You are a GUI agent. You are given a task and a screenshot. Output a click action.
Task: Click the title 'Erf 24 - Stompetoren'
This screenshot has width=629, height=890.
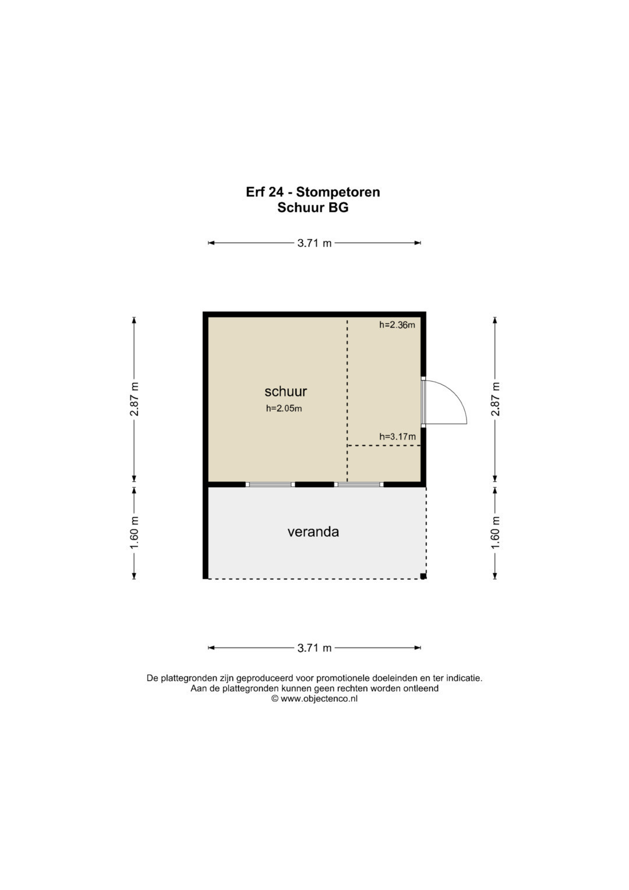313,192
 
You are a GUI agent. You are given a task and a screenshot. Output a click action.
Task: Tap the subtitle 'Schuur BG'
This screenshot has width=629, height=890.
313,207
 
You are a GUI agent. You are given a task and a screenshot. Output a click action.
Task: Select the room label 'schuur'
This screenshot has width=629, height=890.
285,391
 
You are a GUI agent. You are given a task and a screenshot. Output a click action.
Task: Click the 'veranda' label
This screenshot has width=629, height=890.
313,532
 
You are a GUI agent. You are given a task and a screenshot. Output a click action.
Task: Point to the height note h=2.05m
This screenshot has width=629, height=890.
284,409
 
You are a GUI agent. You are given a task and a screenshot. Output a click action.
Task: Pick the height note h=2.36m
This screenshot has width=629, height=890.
397,325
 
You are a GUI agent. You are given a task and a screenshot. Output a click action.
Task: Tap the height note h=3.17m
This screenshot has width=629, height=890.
397,437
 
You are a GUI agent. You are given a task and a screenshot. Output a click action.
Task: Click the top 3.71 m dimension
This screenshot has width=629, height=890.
314,243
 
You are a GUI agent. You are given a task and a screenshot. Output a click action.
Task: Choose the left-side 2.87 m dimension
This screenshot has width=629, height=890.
134,399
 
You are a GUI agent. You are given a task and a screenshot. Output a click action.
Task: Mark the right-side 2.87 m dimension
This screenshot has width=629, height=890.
495,399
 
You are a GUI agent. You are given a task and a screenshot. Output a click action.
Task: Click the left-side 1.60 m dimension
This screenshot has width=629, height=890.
134,533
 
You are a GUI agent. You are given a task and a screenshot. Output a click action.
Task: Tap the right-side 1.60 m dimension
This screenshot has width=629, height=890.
495,533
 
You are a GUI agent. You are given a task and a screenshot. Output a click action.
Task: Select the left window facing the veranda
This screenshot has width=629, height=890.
270,484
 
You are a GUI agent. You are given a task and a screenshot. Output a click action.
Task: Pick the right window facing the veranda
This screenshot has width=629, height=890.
359,484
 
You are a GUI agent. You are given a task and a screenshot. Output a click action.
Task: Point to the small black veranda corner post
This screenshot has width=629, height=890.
423,576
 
